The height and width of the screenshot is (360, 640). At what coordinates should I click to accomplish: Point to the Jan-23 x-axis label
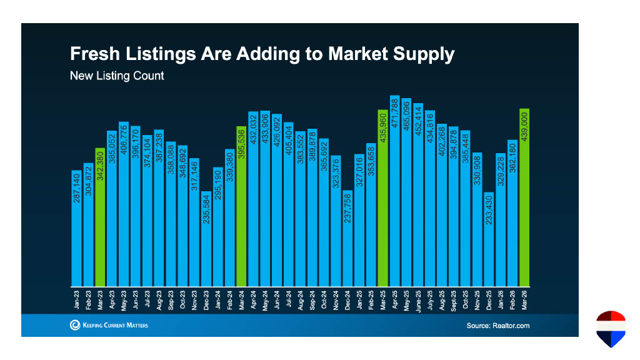[76, 299]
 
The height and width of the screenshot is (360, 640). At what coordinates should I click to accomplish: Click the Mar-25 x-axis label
[383, 299]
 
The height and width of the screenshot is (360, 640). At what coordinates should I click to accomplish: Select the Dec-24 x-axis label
[347, 299]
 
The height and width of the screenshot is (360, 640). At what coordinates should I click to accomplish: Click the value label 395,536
[241, 144]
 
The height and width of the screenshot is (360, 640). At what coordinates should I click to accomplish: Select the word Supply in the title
[422, 54]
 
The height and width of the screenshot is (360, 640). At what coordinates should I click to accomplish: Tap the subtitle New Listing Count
[117, 76]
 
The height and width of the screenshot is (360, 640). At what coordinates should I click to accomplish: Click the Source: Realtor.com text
[497, 326]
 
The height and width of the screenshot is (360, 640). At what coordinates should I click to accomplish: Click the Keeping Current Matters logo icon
[75, 325]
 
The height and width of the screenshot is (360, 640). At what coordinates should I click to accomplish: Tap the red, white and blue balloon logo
[611, 329]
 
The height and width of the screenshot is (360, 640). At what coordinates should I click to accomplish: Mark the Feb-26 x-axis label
[513, 299]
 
